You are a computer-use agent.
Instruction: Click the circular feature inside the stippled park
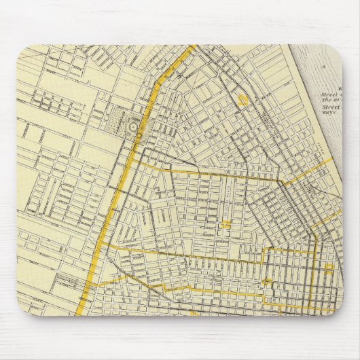click(x=133, y=125)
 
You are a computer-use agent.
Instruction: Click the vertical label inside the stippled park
click(x=124, y=125)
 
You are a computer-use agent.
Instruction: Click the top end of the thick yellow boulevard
click(x=196, y=47)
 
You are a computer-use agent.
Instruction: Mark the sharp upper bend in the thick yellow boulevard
click(x=160, y=77)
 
